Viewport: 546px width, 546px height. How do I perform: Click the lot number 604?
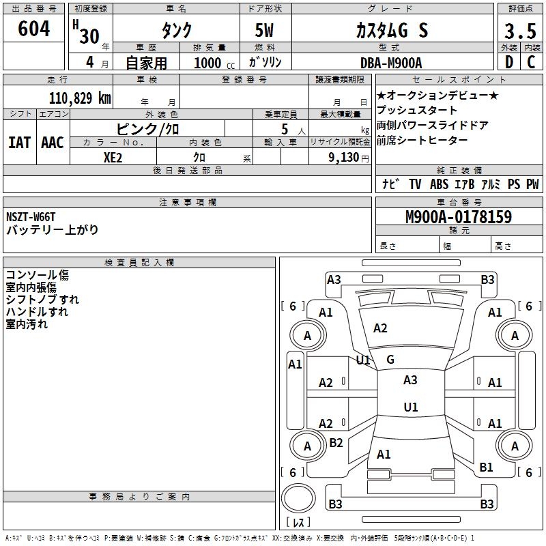(x=34, y=29)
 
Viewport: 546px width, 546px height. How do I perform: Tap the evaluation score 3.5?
(x=519, y=31)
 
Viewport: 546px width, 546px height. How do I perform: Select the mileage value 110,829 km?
(x=80, y=98)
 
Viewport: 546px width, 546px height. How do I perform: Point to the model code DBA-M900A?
(x=390, y=63)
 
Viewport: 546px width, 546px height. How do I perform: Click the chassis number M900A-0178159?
(x=458, y=217)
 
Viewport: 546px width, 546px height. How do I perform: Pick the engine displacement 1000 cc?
(x=214, y=63)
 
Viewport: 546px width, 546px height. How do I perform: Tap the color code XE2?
(x=113, y=156)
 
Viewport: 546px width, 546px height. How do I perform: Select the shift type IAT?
(x=19, y=143)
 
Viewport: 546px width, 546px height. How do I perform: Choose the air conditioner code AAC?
(x=52, y=143)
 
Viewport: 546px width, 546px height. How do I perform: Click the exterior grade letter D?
(x=508, y=62)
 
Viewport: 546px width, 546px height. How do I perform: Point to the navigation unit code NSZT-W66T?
(x=31, y=217)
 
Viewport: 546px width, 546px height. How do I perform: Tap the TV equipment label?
(x=415, y=184)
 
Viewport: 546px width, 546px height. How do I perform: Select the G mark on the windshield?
(x=390, y=360)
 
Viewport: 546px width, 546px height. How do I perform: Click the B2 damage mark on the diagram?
(x=336, y=443)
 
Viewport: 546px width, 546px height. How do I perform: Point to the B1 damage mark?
(x=485, y=467)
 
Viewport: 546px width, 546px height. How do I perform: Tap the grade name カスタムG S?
(x=392, y=31)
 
